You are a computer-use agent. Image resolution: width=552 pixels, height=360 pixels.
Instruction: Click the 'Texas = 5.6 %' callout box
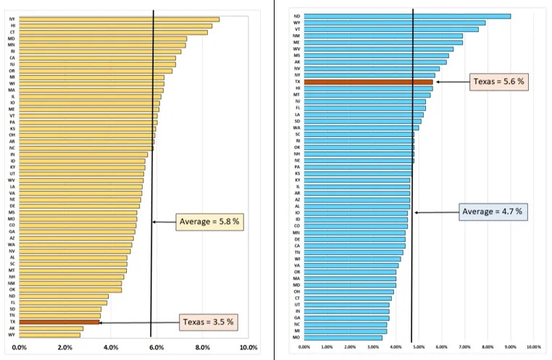[499, 82]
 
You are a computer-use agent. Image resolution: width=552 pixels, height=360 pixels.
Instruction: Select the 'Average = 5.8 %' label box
[209, 222]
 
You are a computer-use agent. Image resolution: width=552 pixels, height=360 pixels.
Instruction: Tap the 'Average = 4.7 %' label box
[492, 212]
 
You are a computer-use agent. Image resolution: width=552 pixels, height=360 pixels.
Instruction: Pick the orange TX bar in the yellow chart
[60, 322]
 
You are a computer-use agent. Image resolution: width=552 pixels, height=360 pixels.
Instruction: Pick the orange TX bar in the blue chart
[369, 82]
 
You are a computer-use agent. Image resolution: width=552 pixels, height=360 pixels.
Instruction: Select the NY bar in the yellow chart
[120, 19]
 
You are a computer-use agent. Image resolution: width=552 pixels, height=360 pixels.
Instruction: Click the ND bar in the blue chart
[407, 16]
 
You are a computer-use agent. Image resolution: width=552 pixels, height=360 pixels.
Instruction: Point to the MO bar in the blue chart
[343, 338]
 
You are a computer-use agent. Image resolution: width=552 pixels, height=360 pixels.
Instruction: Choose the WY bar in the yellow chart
[50, 335]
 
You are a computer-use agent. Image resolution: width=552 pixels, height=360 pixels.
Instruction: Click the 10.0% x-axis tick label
[248, 348]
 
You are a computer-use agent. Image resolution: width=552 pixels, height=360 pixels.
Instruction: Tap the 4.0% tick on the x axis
[111, 348]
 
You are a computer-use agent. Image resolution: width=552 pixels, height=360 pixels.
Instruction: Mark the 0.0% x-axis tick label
[20, 348]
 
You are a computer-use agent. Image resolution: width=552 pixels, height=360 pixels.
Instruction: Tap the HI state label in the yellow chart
[13, 25]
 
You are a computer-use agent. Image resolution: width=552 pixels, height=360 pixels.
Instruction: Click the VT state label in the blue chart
[298, 29]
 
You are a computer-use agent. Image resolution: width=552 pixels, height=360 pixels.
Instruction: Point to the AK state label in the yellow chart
[13, 328]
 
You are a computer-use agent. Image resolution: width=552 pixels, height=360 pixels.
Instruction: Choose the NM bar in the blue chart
[383, 35]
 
